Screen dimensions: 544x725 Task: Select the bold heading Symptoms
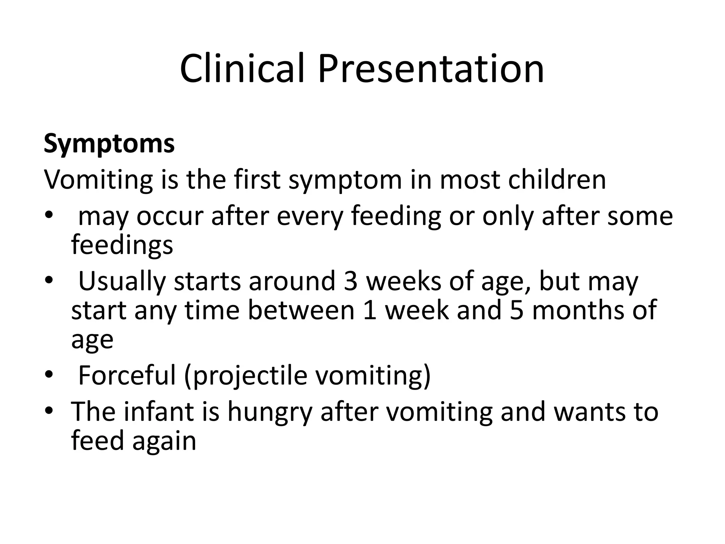pos(109,143)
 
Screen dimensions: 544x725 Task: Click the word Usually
pos(122,281)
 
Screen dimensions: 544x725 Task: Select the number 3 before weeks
pos(350,281)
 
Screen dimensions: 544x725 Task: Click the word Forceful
pos(127,375)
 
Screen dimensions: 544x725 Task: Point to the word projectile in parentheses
pos(250,375)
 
